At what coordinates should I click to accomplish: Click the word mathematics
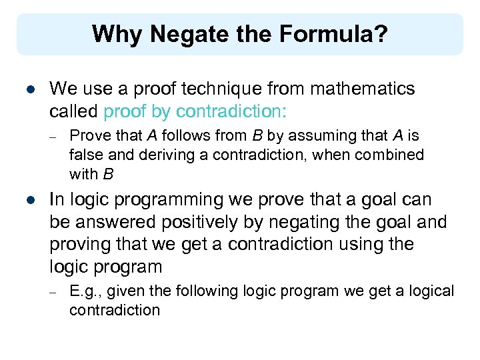point(363,89)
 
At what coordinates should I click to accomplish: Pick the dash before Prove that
point(54,137)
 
